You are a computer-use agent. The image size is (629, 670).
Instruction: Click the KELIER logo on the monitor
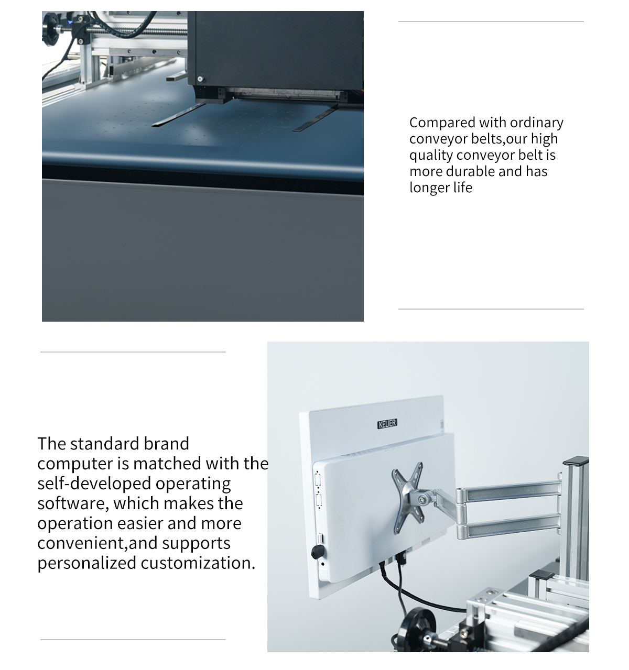387,424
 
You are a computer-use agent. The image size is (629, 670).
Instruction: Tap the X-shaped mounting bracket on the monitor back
407,497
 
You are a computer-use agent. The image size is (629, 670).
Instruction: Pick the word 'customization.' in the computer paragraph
198,564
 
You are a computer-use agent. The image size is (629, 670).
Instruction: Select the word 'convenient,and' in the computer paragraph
97,544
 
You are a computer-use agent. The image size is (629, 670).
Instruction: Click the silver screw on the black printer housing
200,79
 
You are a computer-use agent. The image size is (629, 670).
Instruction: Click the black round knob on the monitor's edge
318,552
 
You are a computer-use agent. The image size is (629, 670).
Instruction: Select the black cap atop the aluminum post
576,460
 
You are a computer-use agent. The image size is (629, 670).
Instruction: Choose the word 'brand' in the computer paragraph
167,444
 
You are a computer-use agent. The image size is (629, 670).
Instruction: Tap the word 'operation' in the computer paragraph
75,524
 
